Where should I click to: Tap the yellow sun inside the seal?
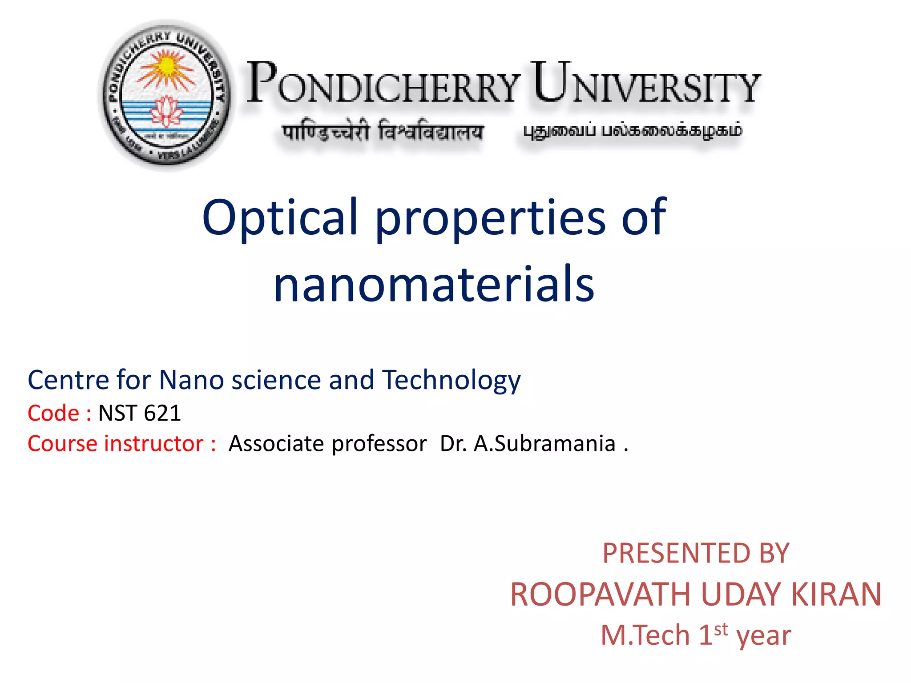pyautogui.click(x=166, y=67)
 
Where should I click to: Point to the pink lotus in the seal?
pyautogui.click(x=166, y=111)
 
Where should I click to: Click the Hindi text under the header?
pyautogui.click(x=383, y=132)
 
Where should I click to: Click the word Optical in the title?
pyautogui.click(x=280, y=217)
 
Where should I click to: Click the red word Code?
pyautogui.click(x=54, y=413)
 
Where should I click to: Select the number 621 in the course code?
pyautogui.click(x=162, y=413)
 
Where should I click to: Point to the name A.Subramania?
pyautogui.click(x=545, y=444)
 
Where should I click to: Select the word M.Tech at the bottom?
pyautogui.click(x=645, y=635)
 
